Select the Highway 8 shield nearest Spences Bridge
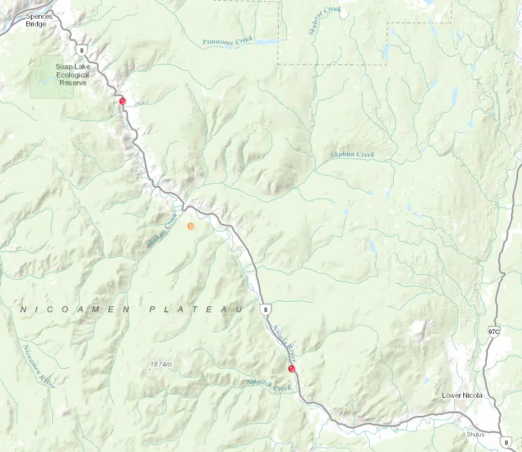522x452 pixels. (79, 49)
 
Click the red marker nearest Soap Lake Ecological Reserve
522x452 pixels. (123, 101)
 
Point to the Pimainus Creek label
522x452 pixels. (228, 41)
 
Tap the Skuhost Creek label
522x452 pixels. (324, 19)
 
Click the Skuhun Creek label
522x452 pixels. (352, 155)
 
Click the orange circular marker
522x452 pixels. (190, 226)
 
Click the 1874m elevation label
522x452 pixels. (161, 365)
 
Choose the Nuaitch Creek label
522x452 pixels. (270, 386)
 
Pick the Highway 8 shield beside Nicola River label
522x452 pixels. (265, 310)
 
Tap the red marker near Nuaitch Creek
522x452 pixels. (292, 369)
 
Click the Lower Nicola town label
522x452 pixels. (462, 395)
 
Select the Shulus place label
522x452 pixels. (475, 434)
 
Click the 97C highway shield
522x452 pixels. (494, 331)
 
